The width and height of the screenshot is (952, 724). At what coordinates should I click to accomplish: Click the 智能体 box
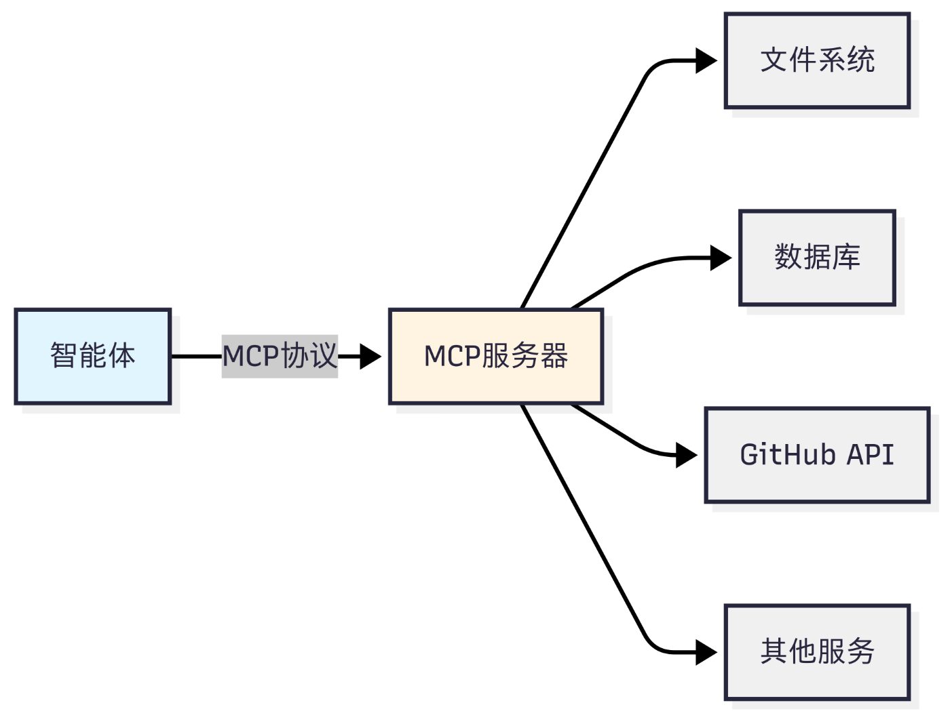[93, 356]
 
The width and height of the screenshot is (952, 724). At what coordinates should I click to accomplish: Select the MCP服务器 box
[496, 356]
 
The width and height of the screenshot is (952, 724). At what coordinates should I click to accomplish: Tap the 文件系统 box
[817, 60]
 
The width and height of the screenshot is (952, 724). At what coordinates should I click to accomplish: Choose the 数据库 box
[817, 258]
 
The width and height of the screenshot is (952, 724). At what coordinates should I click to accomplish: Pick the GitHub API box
[817, 455]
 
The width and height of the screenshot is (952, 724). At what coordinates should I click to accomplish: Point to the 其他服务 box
[817, 652]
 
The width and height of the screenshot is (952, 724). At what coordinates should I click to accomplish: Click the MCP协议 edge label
[280, 356]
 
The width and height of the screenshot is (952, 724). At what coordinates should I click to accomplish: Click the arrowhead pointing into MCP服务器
[370, 357]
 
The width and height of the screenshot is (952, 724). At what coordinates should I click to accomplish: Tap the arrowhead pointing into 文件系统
[706, 60]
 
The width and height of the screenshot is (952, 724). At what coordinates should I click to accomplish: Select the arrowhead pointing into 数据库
[721, 258]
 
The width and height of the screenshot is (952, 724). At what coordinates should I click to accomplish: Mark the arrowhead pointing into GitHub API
[686, 456]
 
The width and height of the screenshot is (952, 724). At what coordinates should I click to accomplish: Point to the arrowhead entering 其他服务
[706, 652]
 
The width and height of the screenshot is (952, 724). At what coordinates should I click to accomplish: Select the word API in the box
[871, 455]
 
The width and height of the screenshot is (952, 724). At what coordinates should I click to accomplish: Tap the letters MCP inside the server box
[453, 356]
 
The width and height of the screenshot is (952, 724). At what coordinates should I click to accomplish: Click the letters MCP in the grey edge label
[250, 356]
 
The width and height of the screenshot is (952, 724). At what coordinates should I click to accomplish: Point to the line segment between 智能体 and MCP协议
[197, 357]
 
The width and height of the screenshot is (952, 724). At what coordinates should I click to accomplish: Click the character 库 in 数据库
[846, 257]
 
